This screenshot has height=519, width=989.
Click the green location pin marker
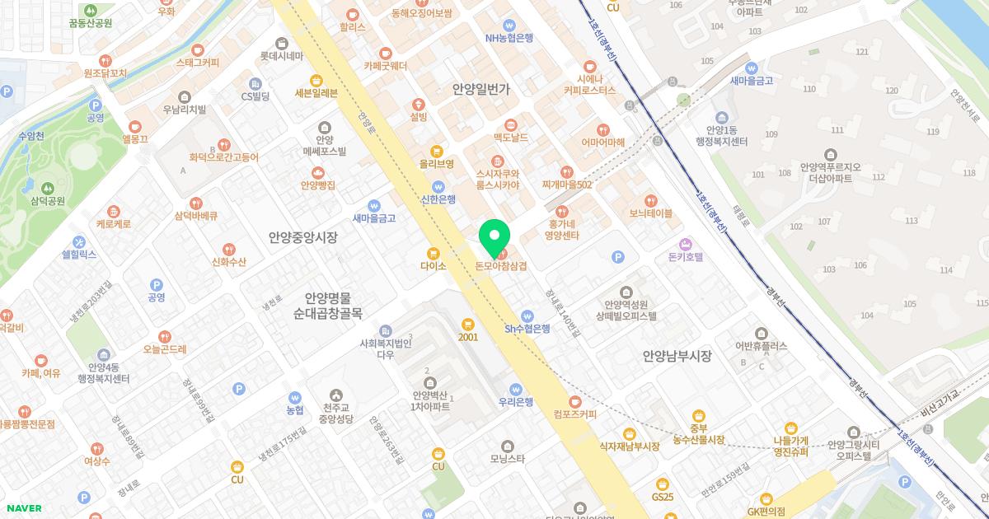point(494,238)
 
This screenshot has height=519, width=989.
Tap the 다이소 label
point(433,266)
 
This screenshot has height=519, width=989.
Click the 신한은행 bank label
point(438,199)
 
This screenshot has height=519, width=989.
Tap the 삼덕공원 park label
point(48,200)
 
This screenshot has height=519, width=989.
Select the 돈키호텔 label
point(685,256)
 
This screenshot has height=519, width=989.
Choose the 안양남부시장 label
point(677,356)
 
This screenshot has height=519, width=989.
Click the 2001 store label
point(468,337)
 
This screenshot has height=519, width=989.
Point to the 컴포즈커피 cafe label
point(575,414)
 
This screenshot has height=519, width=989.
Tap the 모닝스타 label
point(507,459)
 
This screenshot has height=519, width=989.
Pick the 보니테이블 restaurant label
point(650,213)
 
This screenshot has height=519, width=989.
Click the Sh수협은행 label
point(527,329)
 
